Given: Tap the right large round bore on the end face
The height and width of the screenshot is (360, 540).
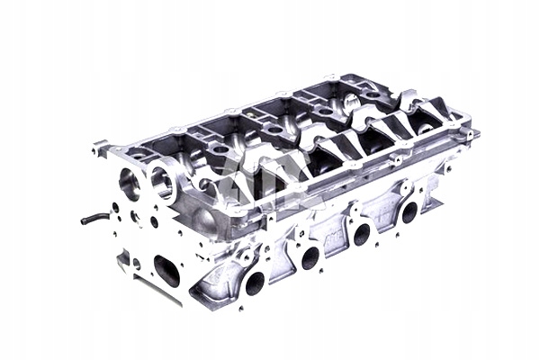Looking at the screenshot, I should (162, 184).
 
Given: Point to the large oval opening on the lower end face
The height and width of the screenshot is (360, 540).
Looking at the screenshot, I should (166, 269).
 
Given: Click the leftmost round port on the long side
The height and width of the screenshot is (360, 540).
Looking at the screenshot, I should (255, 283).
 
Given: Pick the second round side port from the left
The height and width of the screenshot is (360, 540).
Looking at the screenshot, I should (310, 258).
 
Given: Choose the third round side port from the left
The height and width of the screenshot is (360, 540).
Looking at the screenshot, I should (362, 235).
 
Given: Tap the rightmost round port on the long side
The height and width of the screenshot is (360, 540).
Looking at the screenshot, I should (409, 212).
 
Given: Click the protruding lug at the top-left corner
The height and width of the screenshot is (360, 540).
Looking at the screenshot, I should (100, 145).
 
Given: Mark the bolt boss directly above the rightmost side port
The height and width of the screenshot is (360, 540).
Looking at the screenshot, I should (404, 188).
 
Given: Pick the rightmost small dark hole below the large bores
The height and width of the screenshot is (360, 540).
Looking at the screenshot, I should (155, 221).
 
